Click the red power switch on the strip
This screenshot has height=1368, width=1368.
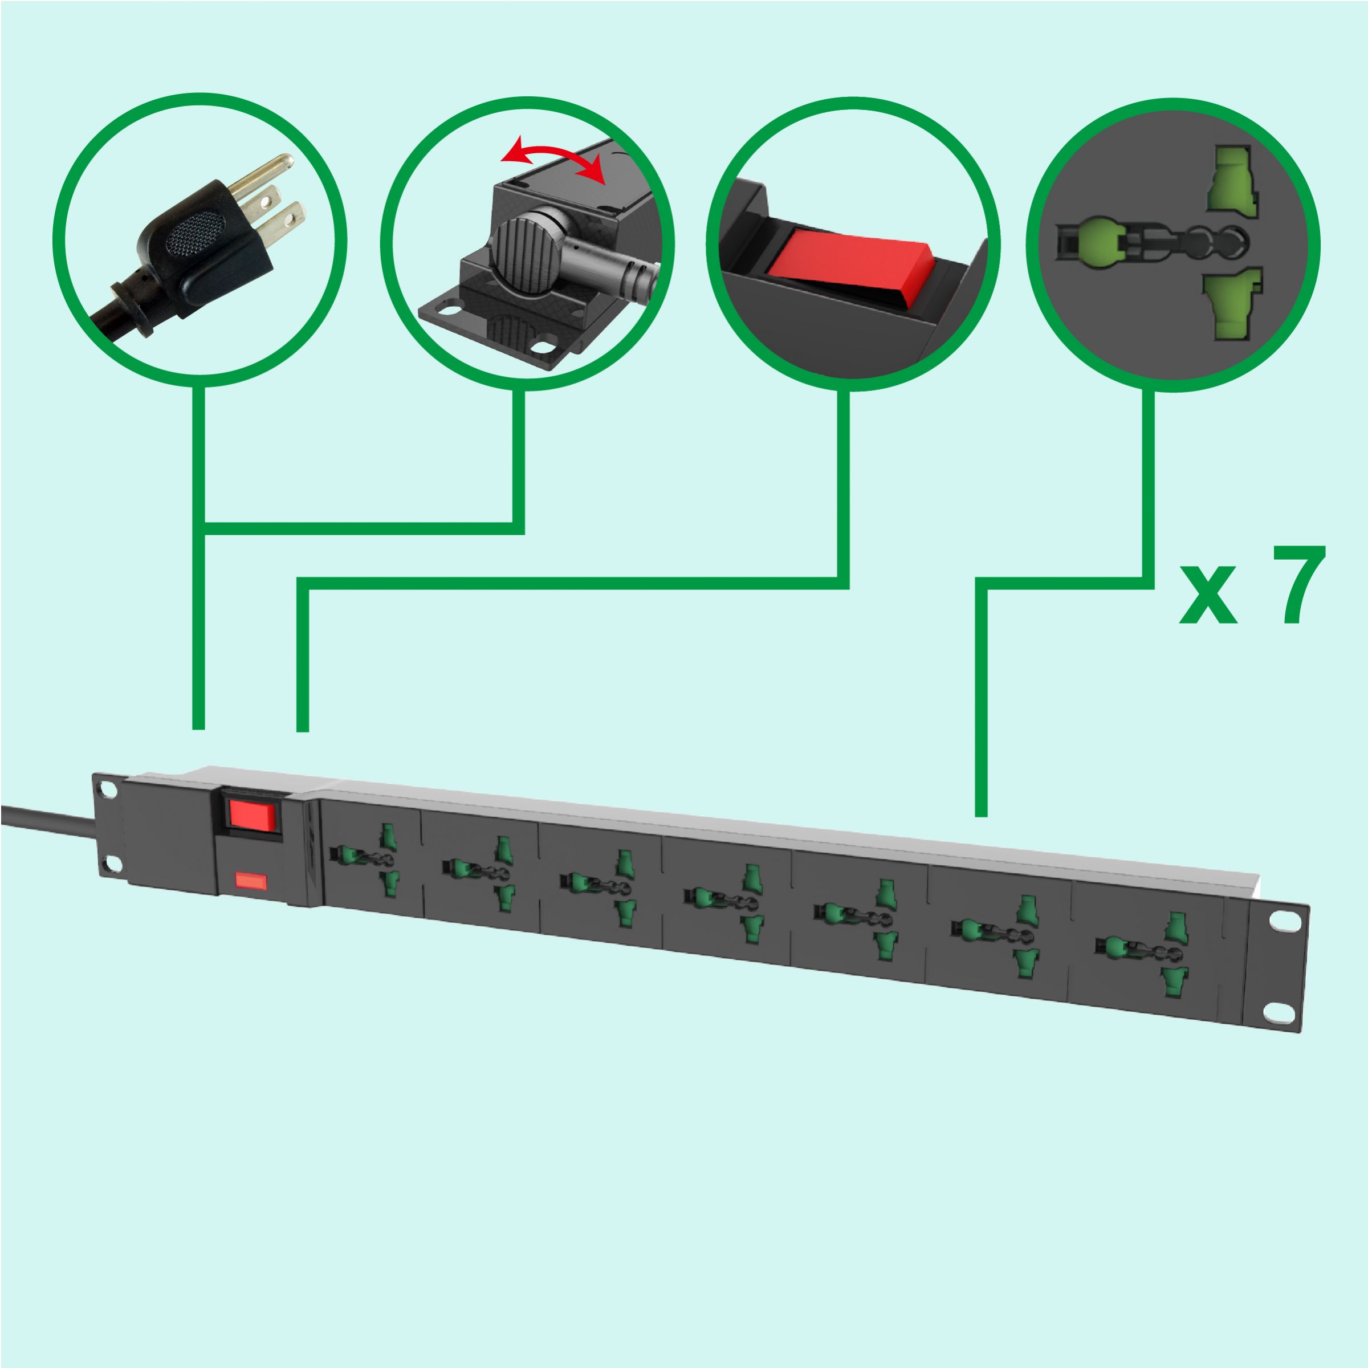pyautogui.click(x=251, y=815)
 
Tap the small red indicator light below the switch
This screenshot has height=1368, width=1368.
pyautogui.click(x=251, y=881)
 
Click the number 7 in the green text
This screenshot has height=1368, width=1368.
pyautogui.click(x=1297, y=585)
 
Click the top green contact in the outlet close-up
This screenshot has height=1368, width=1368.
pyautogui.click(x=1231, y=181)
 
